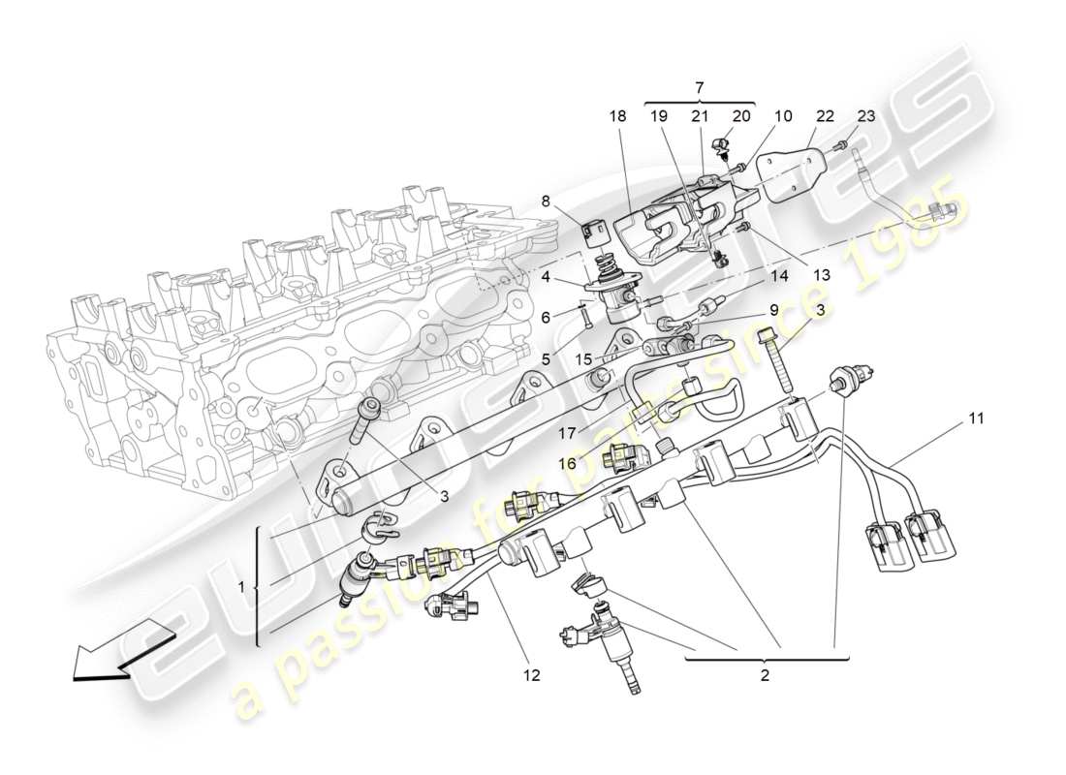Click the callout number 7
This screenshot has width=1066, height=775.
[x=700, y=88]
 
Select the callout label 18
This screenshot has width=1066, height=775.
[x=618, y=116]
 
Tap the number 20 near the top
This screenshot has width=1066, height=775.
[x=741, y=116]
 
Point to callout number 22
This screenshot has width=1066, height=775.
[x=825, y=116]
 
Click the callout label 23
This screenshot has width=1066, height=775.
[x=865, y=116]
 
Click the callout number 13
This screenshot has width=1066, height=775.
[x=822, y=274]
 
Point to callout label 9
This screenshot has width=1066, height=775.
[x=773, y=310]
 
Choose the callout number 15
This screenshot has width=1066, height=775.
[x=583, y=359]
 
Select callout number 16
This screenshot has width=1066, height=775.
[x=567, y=464]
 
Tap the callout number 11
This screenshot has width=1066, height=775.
[x=976, y=418]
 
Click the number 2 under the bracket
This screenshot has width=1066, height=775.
[x=765, y=675]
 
